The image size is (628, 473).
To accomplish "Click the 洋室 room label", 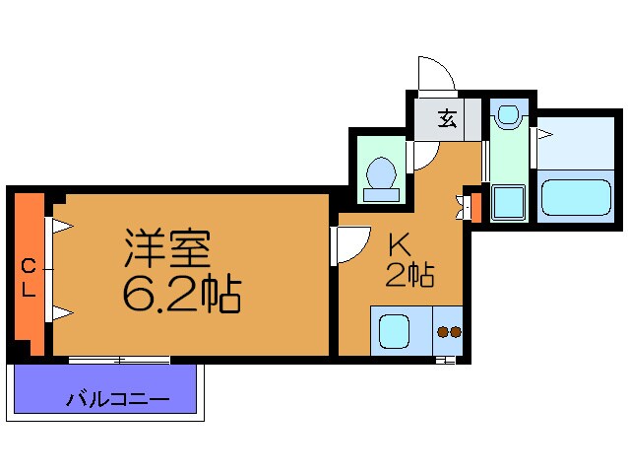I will [167, 249].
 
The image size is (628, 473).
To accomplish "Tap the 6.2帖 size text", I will [182, 293].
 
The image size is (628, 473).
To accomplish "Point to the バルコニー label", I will [118, 400].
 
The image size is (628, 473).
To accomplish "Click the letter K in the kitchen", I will [398, 243].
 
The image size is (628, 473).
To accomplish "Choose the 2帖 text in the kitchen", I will [408, 276].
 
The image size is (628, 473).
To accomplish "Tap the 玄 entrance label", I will [446, 120].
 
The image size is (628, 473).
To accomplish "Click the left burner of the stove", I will [442, 333].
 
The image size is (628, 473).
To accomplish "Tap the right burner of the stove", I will [456, 333].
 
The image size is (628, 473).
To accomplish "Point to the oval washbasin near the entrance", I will [508, 116].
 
